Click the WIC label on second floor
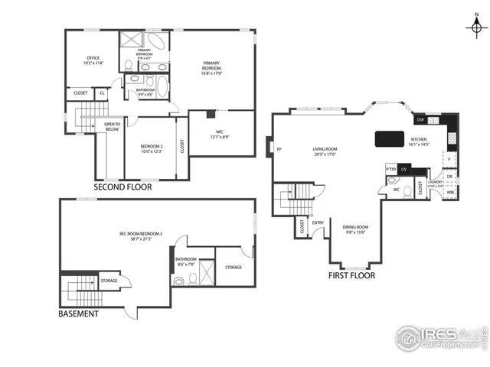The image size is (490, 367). (x=220, y=134)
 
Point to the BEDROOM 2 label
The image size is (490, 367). (x=152, y=148)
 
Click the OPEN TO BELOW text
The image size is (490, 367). (x=112, y=127)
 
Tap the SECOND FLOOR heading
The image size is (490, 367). (x=122, y=187)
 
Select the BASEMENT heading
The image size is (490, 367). (x=79, y=313)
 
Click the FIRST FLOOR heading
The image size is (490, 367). (x=351, y=275)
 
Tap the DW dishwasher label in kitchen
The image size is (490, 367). (x=420, y=120)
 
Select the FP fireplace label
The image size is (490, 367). (x=279, y=149)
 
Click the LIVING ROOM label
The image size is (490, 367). (x=326, y=151)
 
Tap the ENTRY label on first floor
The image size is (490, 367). (x=318, y=223)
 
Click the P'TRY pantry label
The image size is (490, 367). (x=390, y=169)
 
